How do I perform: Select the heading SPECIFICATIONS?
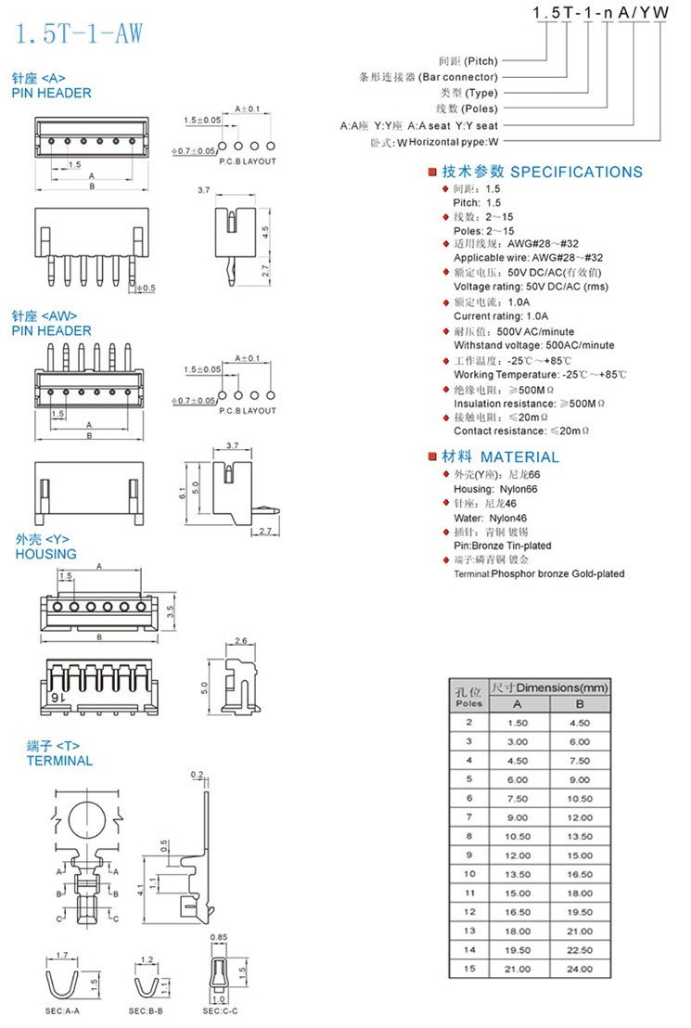click(576, 172)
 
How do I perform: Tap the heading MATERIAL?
click(519, 457)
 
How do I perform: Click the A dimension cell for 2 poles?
click(518, 722)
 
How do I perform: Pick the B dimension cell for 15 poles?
click(580, 970)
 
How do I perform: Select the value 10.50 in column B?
click(580, 798)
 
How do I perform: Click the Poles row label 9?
click(469, 854)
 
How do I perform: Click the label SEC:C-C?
click(219, 1010)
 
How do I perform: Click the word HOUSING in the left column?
click(45, 554)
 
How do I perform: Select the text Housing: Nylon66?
click(494, 488)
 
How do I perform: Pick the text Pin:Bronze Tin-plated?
click(502, 546)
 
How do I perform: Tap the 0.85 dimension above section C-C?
click(219, 937)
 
